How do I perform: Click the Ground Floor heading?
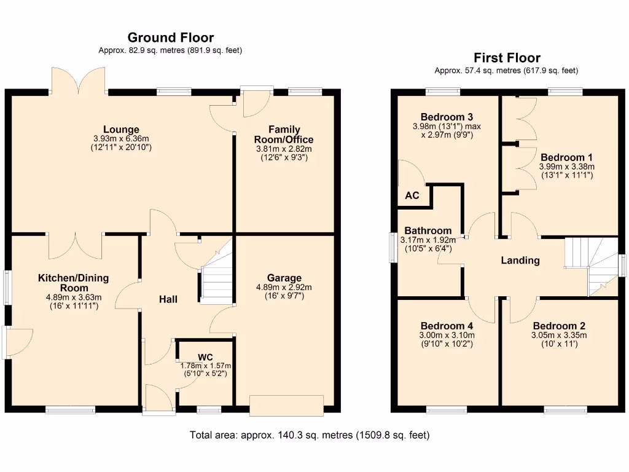click(x=170, y=38)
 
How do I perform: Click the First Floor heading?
click(x=506, y=58)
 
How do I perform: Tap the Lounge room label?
click(x=121, y=130)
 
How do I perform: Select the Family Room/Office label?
click(x=284, y=135)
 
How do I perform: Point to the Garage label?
click(x=284, y=278)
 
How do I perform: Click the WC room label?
click(x=205, y=357)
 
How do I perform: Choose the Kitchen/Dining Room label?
click(x=73, y=283)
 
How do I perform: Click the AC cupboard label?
click(x=412, y=195)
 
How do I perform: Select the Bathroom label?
click(x=428, y=230)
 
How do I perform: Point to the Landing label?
click(x=520, y=260)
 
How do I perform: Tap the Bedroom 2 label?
click(x=559, y=326)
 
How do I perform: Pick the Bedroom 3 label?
click(x=447, y=117)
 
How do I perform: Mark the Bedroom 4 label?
click(x=447, y=326)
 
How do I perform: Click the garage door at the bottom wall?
click(x=286, y=406)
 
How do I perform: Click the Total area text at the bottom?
click(x=310, y=435)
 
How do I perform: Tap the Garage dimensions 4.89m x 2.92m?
click(x=284, y=287)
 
